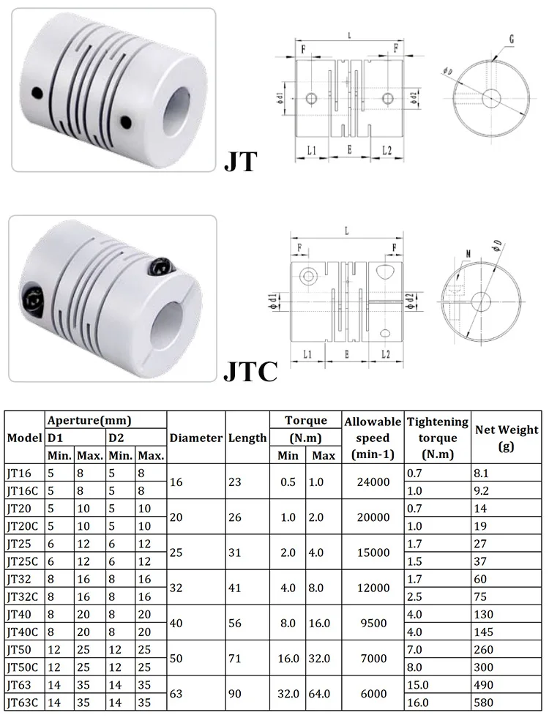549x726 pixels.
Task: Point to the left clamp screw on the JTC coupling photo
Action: coord(34,298)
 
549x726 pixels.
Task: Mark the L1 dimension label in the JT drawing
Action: coord(311,151)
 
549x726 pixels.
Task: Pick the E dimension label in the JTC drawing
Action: coord(346,353)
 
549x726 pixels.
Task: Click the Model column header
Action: coord(25,438)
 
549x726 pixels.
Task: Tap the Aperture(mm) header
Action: coord(89,420)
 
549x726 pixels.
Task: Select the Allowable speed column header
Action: coord(373,438)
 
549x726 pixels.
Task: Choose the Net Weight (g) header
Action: coord(507,438)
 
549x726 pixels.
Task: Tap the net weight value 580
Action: coord(486,702)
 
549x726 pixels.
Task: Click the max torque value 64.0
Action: coord(322,692)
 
